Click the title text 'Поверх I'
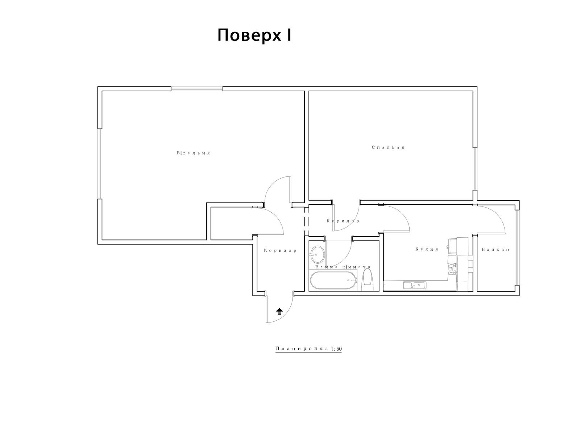coord(254,35)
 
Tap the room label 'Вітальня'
coord(193,153)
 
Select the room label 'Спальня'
coord(388,147)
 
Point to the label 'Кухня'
coord(427,249)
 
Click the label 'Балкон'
coord(496,250)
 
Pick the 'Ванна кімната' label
coord(343,267)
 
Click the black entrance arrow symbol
coord(279,312)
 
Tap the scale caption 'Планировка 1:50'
coord(308,349)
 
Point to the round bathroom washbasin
coord(317,254)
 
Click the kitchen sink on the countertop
coord(415,285)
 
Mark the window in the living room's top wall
coord(197,89)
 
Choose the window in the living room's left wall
coord(100,164)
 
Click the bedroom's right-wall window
coord(475,169)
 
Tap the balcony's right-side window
coord(517,248)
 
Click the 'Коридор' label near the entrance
coord(280,251)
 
